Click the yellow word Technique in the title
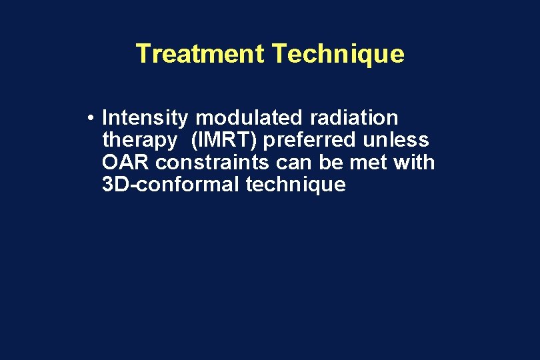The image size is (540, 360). pyautogui.click(x=338, y=53)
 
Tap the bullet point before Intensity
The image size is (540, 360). pyautogui.click(x=89, y=119)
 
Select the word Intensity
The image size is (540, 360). pyautogui.click(x=145, y=119)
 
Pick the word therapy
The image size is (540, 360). pyautogui.click(x=137, y=141)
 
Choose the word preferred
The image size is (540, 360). pyautogui.click(x=312, y=141)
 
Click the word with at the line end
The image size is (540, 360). pyautogui.click(x=413, y=163)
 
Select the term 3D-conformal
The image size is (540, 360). pyautogui.click(x=171, y=185)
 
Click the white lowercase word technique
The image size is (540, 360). pyautogui.click(x=295, y=185)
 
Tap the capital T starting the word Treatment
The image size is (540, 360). pyautogui.click(x=142, y=53)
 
